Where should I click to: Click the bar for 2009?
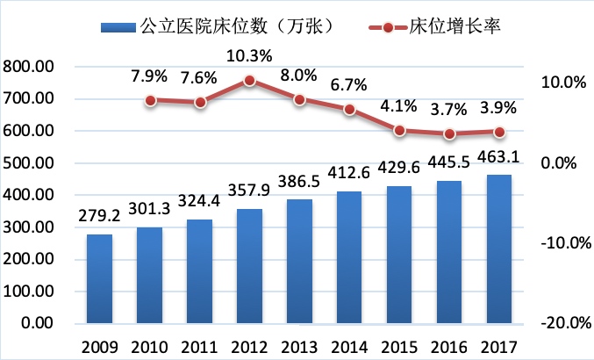[x=99, y=278]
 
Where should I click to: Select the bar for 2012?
[x=249, y=266]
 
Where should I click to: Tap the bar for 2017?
[x=499, y=248]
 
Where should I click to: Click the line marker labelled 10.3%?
[x=249, y=81]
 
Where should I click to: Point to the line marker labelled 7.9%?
[x=150, y=100]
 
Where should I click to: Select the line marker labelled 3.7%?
[x=449, y=133]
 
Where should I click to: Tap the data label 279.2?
[x=99, y=220]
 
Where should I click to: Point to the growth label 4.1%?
[x=399, y=109]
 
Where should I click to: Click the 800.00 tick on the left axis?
[x=29, y=67]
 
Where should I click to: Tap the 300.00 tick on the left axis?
[x=29, y=227]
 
